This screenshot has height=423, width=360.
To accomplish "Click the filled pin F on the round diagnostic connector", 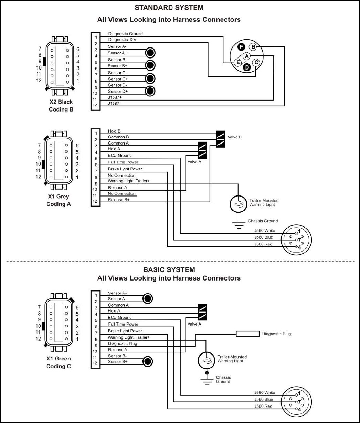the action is (x=241, y=47).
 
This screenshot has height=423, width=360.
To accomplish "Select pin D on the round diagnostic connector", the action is (x=247, y=67).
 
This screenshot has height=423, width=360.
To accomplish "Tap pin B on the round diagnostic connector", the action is (x=253, y=47).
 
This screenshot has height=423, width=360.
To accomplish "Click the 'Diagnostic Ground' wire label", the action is (x=126, y=34).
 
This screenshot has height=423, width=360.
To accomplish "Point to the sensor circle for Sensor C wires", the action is (x=150, y=78).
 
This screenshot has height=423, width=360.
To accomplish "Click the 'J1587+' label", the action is (x=115, y=97).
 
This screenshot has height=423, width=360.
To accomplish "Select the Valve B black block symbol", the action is (x=220, y=139).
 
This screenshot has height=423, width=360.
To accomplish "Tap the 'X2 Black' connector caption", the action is (x=61, y=102).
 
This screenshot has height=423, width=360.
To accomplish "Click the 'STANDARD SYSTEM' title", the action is (x=169, y=8).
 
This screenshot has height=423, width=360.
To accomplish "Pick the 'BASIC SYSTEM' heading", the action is (x=169, y=270).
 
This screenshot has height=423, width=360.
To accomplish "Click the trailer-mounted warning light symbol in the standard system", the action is (x=239, y=204).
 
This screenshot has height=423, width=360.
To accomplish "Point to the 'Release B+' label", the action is (x=119, y=200).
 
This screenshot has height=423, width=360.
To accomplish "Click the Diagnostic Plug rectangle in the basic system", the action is (x=248, y=334).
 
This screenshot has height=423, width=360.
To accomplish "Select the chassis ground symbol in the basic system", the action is (x=207, y=380).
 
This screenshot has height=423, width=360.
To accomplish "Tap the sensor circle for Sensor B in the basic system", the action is (x=148, y=361).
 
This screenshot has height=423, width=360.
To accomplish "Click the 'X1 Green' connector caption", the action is (x=59, y=358).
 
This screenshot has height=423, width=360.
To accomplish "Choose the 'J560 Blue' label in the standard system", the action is (x=264, y=237).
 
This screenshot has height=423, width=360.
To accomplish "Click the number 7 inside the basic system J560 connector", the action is (x=299, y=402).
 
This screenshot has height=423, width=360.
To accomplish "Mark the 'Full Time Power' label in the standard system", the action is (x=123, y=162).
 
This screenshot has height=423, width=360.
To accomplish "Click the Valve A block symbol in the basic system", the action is (x=202, y=312).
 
